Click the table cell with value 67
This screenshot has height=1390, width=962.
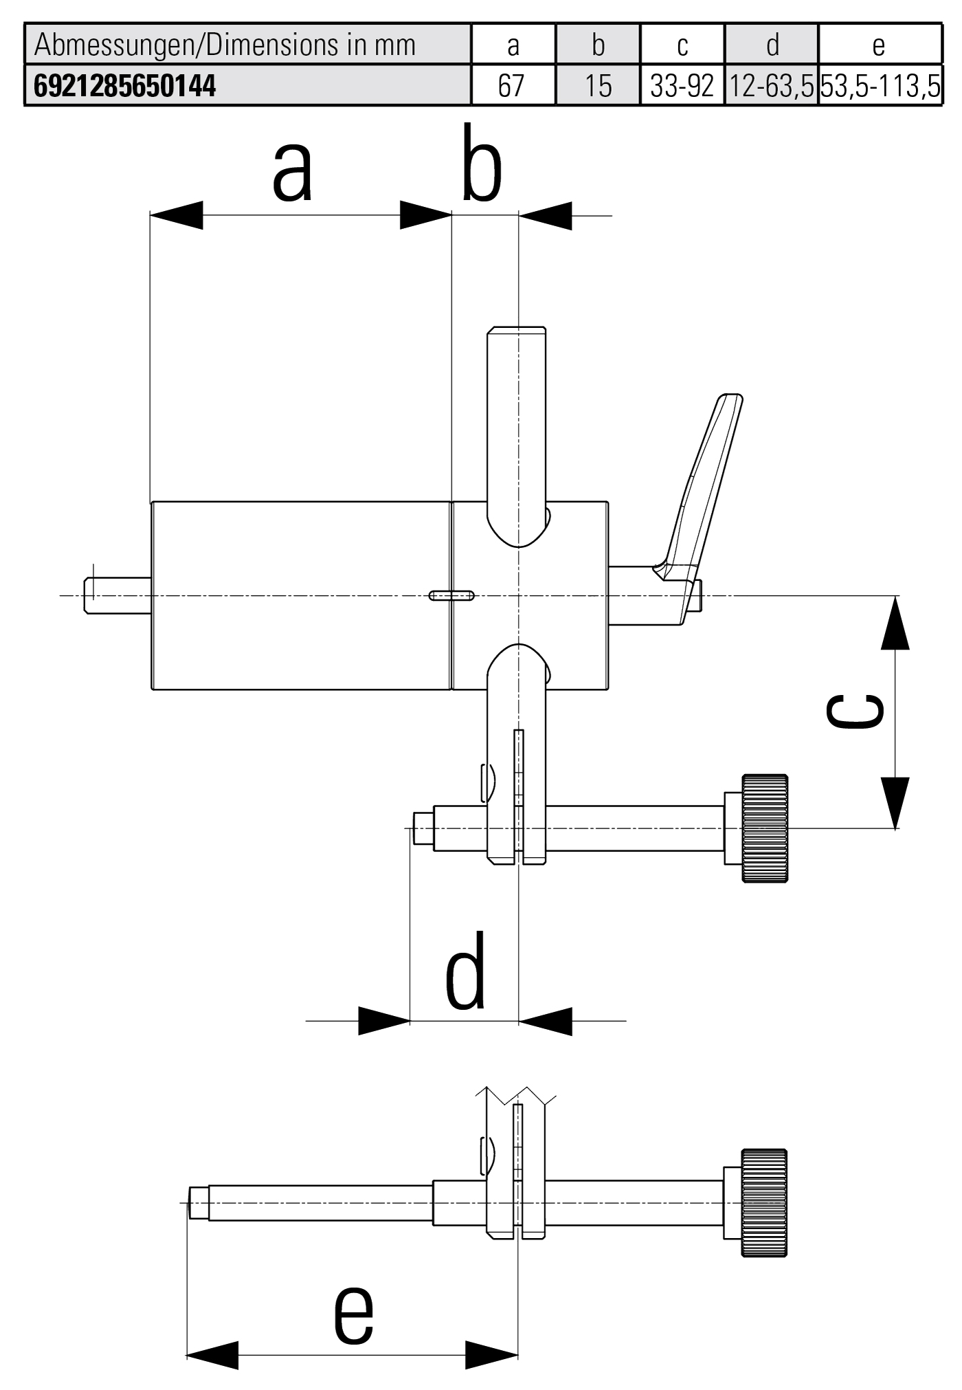coord(512,86)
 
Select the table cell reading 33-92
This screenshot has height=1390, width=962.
coord(682,86)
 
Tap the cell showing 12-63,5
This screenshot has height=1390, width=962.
coord(771,86)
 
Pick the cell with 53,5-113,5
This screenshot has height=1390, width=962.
coord(880,86)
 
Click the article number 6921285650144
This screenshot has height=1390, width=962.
coord(125,86)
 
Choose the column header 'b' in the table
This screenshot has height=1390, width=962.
coord(597,45)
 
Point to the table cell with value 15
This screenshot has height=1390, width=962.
coord(597,86)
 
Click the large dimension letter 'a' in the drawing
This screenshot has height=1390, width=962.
coord(293,172)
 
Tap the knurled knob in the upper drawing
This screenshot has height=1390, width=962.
coord(765,828)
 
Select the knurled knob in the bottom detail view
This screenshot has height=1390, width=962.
coord(764,1202)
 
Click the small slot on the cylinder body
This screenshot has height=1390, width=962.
coord(451,595)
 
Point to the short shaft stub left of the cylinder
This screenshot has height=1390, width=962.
coord(118,595)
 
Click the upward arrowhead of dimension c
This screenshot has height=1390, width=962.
coord(895,624)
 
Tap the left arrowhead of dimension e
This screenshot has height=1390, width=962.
coord(213,1355)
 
